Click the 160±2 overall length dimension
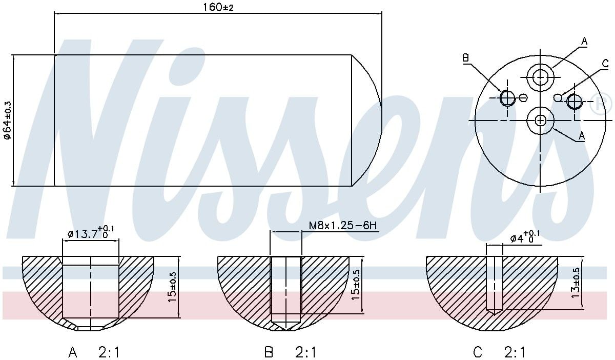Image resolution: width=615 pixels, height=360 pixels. point(219,8)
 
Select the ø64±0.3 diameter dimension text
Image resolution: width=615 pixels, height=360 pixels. point(7,120)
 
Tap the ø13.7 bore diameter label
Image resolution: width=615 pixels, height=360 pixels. point(90,233)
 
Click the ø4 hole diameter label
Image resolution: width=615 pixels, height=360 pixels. point(524,238)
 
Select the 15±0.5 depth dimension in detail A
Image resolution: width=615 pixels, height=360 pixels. point(173,287)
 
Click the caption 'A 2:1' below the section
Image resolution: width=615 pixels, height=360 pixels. point(95,352)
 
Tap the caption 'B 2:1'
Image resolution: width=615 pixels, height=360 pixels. point(291,352)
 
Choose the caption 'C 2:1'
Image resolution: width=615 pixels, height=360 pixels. point(499,352)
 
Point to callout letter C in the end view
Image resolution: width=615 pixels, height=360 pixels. point(605,64)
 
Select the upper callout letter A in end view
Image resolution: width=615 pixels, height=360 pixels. point(584,41)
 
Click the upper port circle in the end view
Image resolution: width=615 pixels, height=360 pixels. point(541,77)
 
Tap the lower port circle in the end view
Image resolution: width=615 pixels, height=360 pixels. point(541,120)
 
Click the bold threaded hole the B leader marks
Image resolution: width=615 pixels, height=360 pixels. point(507,97)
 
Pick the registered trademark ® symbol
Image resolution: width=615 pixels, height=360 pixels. point(601,104)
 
